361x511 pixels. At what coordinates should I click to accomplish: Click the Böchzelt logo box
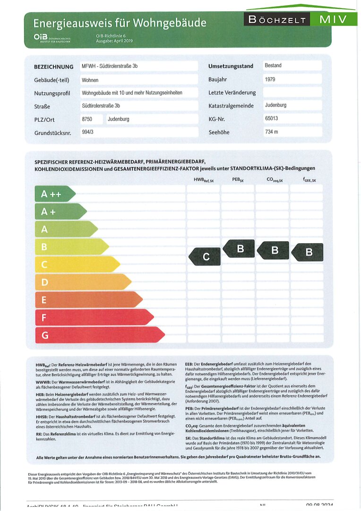coord(276,19)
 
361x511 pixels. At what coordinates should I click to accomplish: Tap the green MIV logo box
coord(333,19)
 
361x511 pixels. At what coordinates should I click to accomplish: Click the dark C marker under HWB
coord(205,257)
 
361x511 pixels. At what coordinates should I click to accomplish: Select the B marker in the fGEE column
coord(308,252)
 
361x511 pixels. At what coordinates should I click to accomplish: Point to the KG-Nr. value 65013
coord(272,119)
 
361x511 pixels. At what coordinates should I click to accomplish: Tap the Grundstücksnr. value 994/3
coord(88,132)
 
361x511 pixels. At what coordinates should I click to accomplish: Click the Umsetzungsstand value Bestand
coord(273,66)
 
